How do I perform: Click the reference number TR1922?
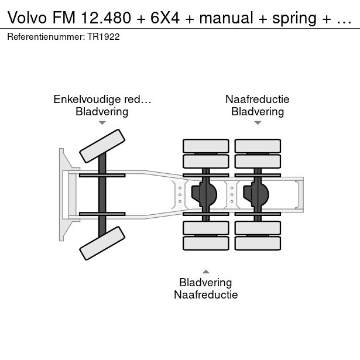tap(103, 37)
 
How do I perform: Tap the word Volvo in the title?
tap(28, 18)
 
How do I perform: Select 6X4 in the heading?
tap(165, 18)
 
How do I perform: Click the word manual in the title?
tap(226, 18)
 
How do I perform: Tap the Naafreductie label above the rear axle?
tap(258, 99)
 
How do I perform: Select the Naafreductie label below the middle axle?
tap(205, 295)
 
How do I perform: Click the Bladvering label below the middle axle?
tap(205, 282)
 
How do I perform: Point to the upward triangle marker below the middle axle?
tap(206, 272)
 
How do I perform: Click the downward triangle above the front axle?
tap(102, 123)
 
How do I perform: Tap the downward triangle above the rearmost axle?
tap(258, 123)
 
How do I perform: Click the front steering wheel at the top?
tap(102, 146)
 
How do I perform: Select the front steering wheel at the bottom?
tap(102, 243)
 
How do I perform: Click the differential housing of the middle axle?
tap(204, 194)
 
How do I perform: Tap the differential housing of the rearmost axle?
tap(256, 194)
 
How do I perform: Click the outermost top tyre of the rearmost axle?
tap(258, 146)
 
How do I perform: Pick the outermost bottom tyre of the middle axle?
tap(206, 243)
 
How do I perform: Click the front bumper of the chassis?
tap(67, 195)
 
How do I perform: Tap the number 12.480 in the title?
tap(106, 18)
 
